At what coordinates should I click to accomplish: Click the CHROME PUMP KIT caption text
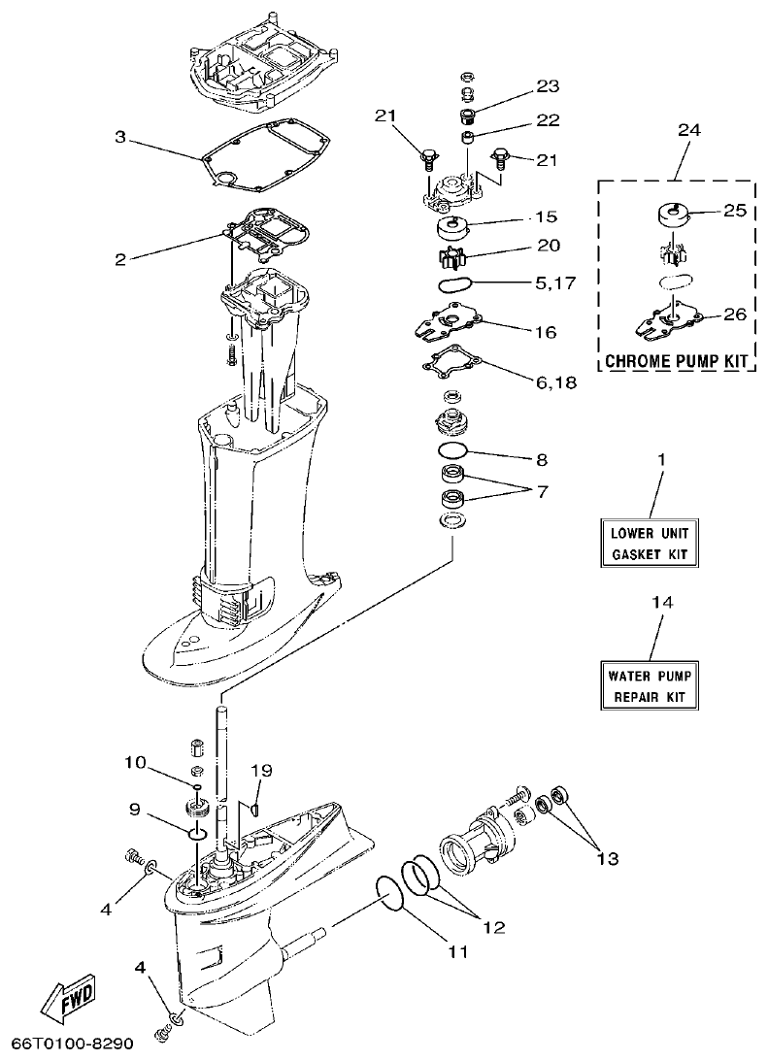(678, 361)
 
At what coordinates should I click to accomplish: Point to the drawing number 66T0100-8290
(71, 1044)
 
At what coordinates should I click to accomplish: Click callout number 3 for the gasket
(120, 138)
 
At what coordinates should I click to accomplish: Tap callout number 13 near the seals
(607, 858)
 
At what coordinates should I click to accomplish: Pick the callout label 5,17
(554, 285)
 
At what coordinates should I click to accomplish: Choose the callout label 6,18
(554, 382)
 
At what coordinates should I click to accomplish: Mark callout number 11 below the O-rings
(457, 952)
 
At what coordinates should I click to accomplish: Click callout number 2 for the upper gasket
(120, 259)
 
